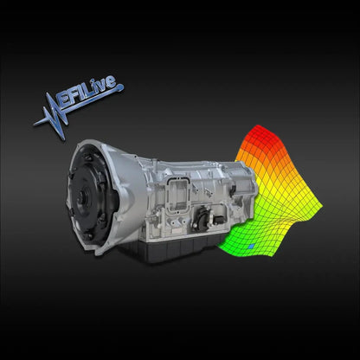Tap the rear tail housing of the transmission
tap(242, 182)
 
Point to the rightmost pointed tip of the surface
tap(322, 205)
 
